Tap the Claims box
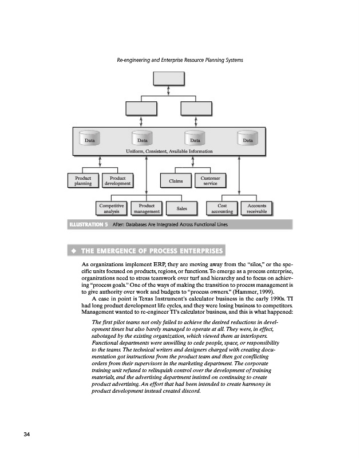click(x=176, y=181)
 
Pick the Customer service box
click(x=209, y=180)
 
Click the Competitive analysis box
click(x=112, y=208)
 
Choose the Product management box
click(x=147, y=208)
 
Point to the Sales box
click(x=182, y=209)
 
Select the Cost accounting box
click(x=223, y=208)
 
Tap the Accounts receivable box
click(x=256, y=208)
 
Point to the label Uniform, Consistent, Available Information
click(x=169, y=151)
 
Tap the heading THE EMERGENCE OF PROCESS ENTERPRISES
click(x=151, y=251)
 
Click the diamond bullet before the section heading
click(x=73, y=251)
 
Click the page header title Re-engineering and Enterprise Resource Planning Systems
click(x=180, y=60)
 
